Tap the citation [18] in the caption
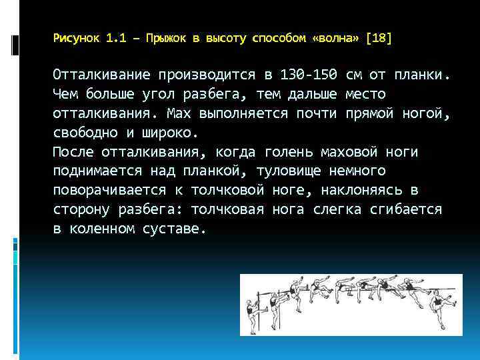point(380,39)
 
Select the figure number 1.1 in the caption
point(115,39)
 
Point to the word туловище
point(300,171)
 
